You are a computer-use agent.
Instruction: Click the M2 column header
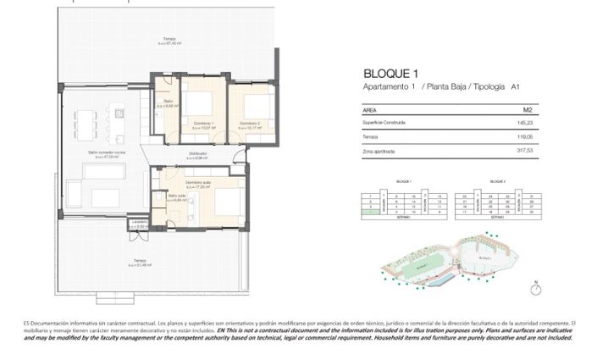(527, 110)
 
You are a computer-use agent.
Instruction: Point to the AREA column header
(369, 110)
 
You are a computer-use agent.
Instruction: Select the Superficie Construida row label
(384, 123)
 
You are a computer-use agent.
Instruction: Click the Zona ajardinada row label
(379, 152)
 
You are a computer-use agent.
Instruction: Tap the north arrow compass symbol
(535, 289)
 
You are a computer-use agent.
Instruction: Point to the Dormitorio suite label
(198, 183)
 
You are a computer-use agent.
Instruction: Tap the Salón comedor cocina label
(107, 152)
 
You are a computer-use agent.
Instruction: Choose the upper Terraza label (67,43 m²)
(170, 41)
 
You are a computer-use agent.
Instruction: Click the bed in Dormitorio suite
(227, 202)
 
